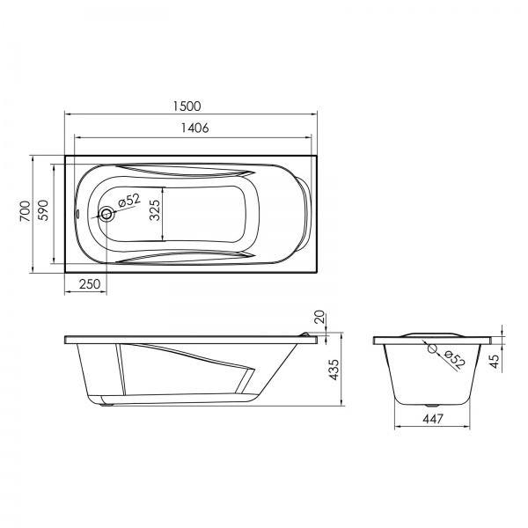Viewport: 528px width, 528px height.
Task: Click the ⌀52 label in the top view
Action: tap(128, 201)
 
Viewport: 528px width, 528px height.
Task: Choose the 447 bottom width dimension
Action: tap(431, 420)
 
